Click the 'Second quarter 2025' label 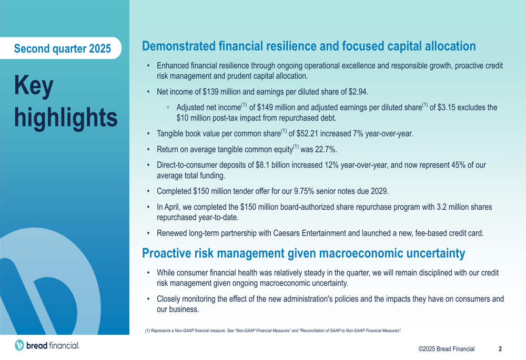63,48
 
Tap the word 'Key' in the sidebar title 34,86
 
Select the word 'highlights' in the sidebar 66,118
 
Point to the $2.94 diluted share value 358,92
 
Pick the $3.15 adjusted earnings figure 447,107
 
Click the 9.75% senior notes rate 304,191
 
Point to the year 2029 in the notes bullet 379,191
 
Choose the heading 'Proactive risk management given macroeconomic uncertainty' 304,253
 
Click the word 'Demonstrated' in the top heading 179,46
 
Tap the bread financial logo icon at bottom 19,345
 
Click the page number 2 500,349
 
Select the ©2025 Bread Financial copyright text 447,349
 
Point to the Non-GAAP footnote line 274,331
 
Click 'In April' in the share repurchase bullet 168,207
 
